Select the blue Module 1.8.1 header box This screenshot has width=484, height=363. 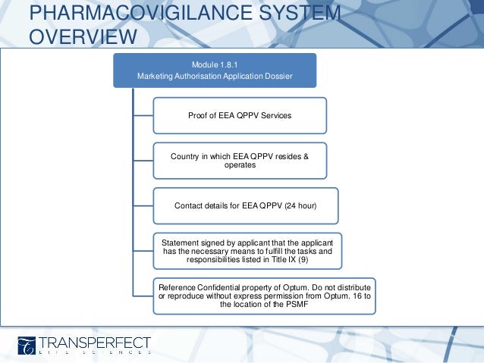click(x=215, y=69)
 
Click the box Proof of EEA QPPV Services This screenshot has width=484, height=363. click(x=240, y=115)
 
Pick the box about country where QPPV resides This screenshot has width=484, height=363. click(x=240, y=160)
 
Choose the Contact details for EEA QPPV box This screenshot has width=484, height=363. click(x=245, y=205)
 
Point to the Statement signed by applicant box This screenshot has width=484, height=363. click(x=247, y=250)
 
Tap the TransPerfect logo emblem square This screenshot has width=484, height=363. click(x=27, y=345)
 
